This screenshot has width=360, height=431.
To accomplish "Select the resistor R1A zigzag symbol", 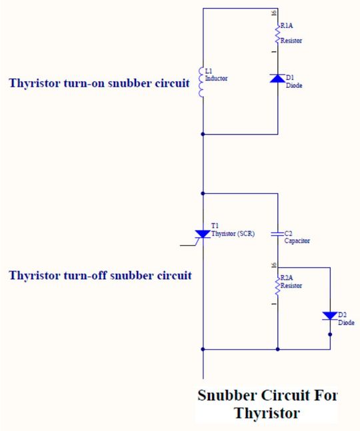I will click(277, 32).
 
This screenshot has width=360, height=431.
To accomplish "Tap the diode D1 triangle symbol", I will click(277, 79).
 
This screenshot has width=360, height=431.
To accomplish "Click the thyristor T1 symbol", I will click(202, 234).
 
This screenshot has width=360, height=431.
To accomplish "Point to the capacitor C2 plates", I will click(277, 234).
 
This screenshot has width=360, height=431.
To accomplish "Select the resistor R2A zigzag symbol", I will click(277, 284).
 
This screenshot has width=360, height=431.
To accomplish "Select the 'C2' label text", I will click(288, 234).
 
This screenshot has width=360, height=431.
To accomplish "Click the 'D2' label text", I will click(342, 314).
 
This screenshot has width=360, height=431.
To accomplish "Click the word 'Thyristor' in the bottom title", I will click(267, 414).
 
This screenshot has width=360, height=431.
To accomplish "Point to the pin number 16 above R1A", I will click(273, 13).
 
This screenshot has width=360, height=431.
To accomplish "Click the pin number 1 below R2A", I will click(273, 304).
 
